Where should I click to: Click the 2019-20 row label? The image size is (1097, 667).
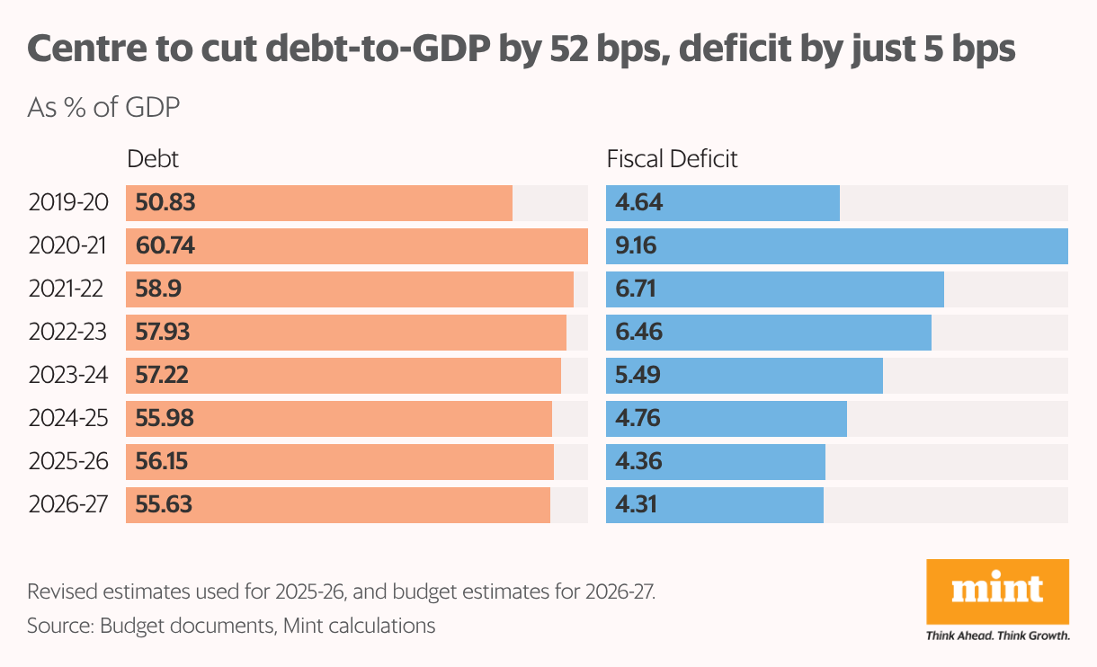68,203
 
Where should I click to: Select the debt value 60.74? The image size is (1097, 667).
165,246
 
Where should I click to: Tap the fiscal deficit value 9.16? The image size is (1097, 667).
638,246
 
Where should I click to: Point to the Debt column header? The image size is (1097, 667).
153,160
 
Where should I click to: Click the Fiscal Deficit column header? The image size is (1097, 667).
673,160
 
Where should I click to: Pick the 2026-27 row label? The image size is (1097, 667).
68,505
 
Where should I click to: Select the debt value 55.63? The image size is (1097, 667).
165,505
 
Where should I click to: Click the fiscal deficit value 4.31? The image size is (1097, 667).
637,505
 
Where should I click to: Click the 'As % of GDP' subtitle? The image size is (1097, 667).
104,108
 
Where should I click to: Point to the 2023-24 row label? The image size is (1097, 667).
68,376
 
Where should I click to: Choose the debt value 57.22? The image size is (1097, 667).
164,376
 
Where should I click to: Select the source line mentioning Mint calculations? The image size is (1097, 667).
231,626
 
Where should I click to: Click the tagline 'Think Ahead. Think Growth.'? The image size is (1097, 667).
997,636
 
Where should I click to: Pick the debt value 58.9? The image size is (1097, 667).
158,289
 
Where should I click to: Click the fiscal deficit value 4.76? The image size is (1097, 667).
638,419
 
